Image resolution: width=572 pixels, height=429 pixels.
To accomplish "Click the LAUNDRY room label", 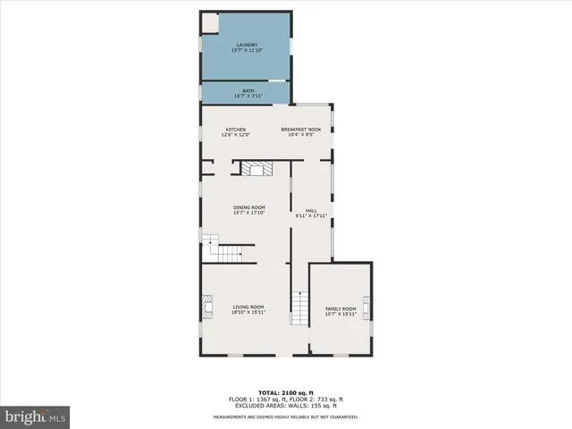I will click(x=247, y=45).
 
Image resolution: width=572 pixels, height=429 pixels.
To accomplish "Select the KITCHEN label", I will click(x=235, y=130).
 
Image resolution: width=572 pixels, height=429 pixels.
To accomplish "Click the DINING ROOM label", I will click(x=249, y=207).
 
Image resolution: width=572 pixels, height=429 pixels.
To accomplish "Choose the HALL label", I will click(x=311, y=211).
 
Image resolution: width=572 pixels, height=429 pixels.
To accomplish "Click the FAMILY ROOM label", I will click(x=340, y=308).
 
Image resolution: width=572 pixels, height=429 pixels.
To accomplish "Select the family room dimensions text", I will click(x=340, y=314).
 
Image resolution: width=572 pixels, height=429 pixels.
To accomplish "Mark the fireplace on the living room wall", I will click(x=206, y=309).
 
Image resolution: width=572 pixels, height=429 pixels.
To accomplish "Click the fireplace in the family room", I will click(x=366, y=309).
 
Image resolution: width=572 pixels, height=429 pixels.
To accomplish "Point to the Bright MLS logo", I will click(x=36, y=416).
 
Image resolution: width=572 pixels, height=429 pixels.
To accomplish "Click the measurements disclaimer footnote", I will click(x=286, y=416).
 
